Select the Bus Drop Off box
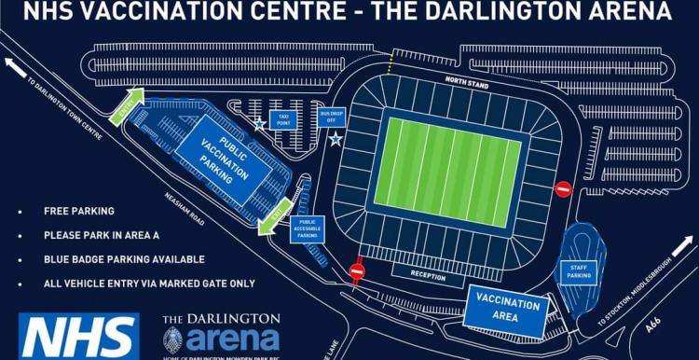pos(332,116)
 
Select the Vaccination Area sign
pos(507,309)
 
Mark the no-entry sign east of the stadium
pos(563,189)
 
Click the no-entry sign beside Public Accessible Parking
pos(356,271)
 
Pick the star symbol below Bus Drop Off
pos(335,139)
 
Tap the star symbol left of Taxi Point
pos(259,122)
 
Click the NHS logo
pos(78,336)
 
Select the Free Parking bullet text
pos(79,211)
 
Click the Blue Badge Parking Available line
pos(124,259)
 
